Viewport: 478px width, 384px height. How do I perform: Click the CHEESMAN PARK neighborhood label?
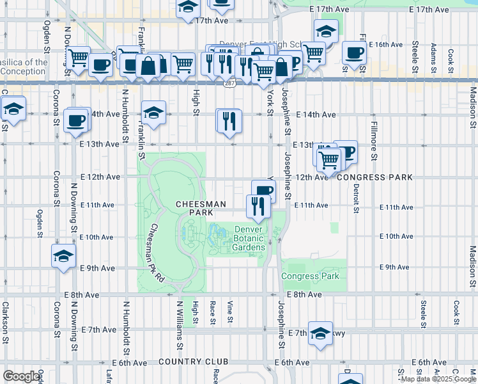pos(201,208)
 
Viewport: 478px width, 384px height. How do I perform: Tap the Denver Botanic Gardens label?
pos(249,239)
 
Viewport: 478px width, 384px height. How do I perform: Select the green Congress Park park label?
pos(310,276)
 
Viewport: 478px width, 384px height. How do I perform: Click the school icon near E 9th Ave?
pos(63,257)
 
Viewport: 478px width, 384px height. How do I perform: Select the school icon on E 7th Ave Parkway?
pos(320,333)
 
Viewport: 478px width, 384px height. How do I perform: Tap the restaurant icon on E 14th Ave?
pos(229,121)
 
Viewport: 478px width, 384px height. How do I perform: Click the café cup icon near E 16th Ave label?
pos(354,54)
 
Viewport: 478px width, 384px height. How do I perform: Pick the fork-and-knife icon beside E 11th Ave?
pos(258,205)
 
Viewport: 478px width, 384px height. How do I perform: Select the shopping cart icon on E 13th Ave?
pos(328,159)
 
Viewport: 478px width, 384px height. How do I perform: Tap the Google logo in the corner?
pos(21,376)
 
